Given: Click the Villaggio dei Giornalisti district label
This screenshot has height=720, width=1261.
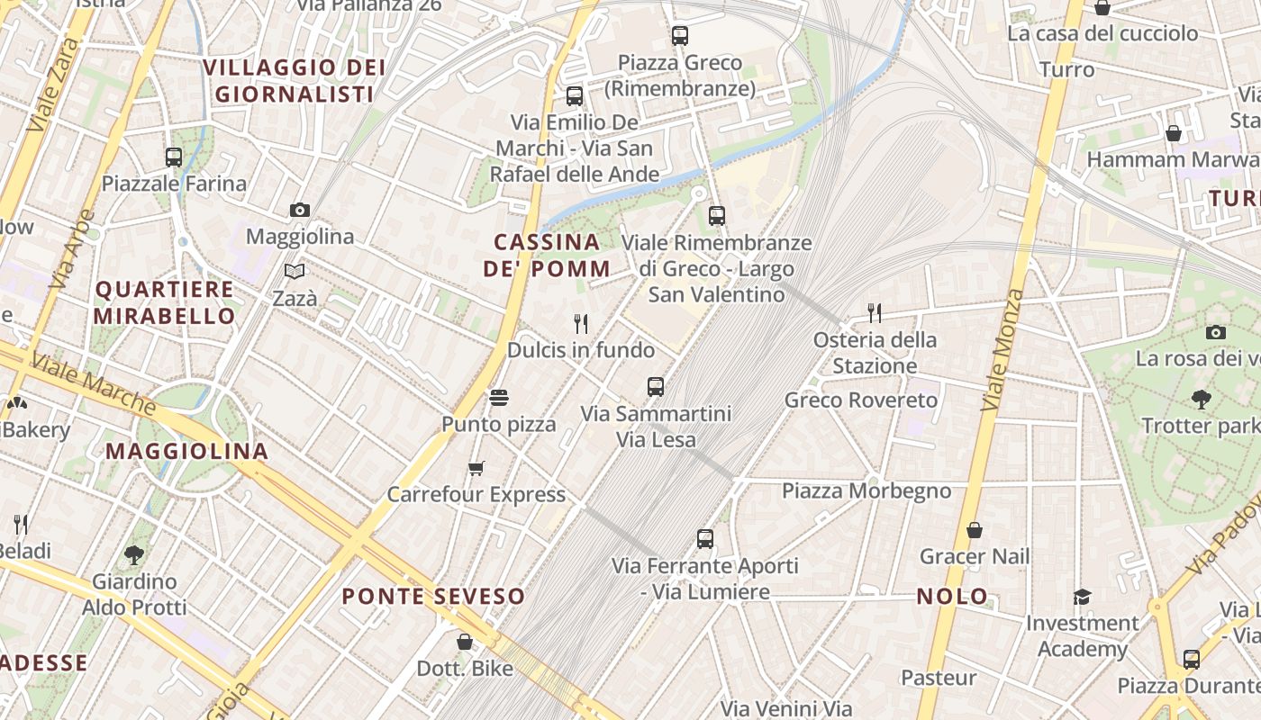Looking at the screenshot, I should [294, 80].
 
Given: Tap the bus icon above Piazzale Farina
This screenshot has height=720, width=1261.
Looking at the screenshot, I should [174, 157].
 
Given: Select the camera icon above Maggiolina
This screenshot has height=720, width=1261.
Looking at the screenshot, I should [300, 210].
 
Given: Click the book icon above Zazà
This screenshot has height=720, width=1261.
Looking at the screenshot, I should [295, 270].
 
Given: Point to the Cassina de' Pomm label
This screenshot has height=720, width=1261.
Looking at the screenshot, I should [547, 255].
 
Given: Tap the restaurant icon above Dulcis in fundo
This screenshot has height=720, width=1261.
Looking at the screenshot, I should [581, 323].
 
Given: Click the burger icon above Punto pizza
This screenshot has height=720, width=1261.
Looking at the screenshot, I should [499, 397].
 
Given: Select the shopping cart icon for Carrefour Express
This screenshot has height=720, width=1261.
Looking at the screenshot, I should [476, 468].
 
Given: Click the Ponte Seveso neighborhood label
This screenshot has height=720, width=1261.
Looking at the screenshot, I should [433, 596].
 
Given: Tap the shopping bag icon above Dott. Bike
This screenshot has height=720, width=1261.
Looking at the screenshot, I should [465, 642].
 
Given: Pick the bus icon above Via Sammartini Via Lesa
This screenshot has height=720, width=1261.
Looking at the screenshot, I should [656, 387].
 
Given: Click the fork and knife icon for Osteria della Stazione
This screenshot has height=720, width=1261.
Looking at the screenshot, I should [875, 312].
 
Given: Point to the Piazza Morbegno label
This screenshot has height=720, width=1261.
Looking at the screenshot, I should [866, 490].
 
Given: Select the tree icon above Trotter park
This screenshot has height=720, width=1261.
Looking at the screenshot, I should [1200, 399].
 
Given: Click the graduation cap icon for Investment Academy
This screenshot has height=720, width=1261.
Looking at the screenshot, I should [1082, 597].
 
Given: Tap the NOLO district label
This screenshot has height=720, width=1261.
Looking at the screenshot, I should [952, 596].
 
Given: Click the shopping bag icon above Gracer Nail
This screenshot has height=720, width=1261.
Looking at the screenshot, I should [974, 530].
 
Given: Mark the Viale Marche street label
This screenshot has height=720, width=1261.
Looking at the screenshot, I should [94, 384].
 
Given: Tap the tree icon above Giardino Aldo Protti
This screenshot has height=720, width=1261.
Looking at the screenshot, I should [135, 554].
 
